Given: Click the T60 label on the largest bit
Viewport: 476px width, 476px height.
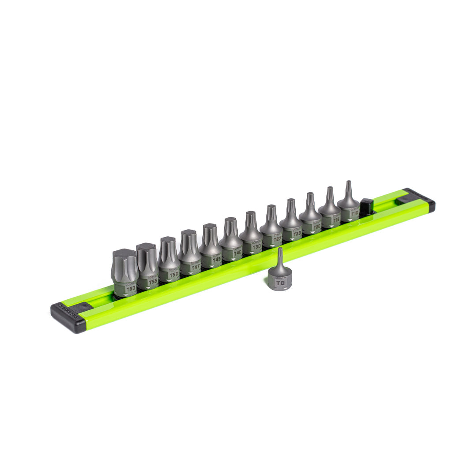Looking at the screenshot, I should (x=130, y=289).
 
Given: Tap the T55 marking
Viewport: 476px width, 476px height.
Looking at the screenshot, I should (x=153, y=281).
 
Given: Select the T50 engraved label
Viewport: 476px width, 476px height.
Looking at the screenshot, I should (x=174, y=274).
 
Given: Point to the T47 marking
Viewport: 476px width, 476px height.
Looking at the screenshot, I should (x=196, y=267).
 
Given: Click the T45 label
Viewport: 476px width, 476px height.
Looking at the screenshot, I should (x=216, y=260).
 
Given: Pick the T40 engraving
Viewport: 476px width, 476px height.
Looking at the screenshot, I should (x=238, y=253).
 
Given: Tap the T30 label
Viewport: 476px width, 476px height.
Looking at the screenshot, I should (x=257, y=246).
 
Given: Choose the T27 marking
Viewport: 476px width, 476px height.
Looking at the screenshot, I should (x=277, y=239).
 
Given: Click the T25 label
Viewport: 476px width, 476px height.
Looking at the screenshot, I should (x=297, y=233).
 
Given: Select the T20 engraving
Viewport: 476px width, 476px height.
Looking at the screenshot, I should (x=316, y=226).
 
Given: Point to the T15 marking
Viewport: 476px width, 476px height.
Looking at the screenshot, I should (x=336, y=219).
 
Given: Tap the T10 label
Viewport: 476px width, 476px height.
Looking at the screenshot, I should (x=355, y=213).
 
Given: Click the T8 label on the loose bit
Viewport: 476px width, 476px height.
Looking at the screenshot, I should (x=280, y=283).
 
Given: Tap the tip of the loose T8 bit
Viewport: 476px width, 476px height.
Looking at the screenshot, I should (x=279, y=250).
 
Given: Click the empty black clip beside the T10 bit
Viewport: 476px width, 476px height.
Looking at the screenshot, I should (x=366, y=206).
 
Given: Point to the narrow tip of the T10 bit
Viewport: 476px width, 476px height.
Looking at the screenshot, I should (x=348, y=183).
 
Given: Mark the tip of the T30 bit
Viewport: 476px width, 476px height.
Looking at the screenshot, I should (x=250, y=213).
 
